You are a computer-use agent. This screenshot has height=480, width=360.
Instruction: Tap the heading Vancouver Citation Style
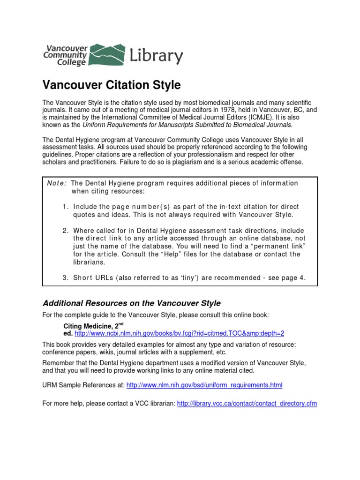(112, 85)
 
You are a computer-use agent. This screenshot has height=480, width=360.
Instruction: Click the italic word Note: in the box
(56, 183)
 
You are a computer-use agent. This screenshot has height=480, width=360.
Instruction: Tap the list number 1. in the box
(66, 207)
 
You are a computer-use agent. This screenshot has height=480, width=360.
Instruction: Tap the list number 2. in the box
(66, 231)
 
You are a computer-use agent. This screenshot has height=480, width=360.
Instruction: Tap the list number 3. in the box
(66, 278)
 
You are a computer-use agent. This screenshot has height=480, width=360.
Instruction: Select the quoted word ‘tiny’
(166, 278)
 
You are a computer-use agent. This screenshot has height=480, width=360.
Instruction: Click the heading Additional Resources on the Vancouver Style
(132, 303)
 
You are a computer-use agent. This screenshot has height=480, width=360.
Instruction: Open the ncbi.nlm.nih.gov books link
(180, 333)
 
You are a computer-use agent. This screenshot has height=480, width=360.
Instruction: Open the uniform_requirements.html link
(205, 385)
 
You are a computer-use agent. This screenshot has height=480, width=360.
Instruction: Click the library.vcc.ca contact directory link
(247, 403)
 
